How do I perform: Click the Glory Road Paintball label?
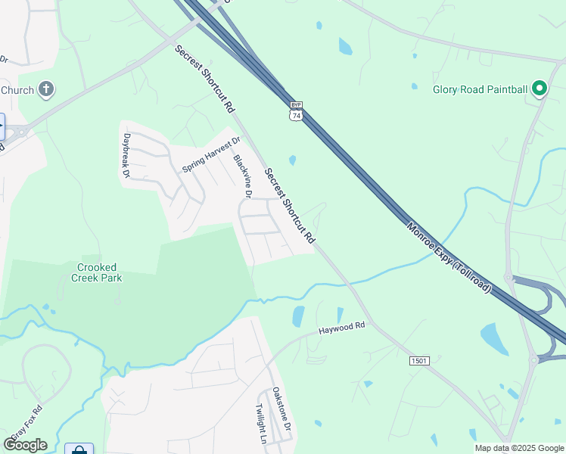[x=480, y=89]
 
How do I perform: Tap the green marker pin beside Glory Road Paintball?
[x=540, y=89]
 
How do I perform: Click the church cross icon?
[x=46, y=90]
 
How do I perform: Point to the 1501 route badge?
[x=420, y=361]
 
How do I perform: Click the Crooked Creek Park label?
[x=100, y=272]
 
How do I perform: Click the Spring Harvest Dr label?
[x=211, y=154]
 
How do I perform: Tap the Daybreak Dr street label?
[x=126, y=156]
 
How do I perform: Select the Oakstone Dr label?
[x=281, y=410]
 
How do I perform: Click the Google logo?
[x=25, y=445]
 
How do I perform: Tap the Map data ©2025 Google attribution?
[x=518, y=448]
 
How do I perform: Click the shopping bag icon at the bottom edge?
[x=79, y=449]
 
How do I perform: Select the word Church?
[x=17, y=90]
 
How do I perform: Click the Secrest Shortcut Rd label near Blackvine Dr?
[x=289, y=205]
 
